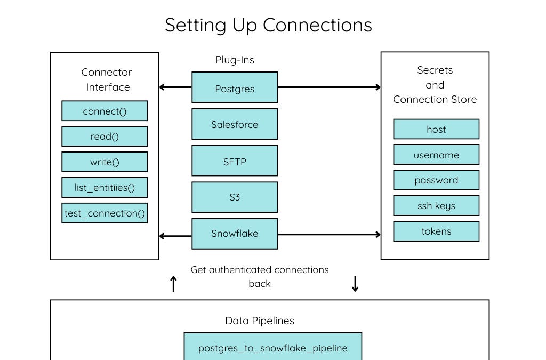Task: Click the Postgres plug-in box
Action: pyautogui.click(x=235, y=87)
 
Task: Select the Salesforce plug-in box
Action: pyautogui.click(x=235, y=124)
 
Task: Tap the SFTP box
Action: pyautogui.click(x=235, y=161)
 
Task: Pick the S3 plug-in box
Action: pyautogui.click(x=235, y=197)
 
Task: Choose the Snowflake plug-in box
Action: pyautogui.click(x=235, y=234)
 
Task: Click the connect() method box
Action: pyautogui.click(x=105, y=111)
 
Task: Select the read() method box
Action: pyautogui.click(x=105, y=137)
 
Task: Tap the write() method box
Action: pyautogui.click(x=105, y=162)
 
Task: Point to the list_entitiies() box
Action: pyautogui.click(x=105, y=188)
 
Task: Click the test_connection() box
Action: pyautogui.click(x=105, y=213)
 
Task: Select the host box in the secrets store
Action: pyautogui.click(x=436, y=129)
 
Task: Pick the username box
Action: pyautogui.click(x=436, y=155)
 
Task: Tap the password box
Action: pyautogui.click(x=436, y=180)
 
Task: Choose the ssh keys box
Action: pyautogui.click(x=436, y=206)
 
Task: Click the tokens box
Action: pyautogui.click(x=436, y=231)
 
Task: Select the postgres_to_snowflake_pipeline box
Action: pyautogui.click(x=273, y=348)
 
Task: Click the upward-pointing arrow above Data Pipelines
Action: pyautogui.click(x=173, y=284)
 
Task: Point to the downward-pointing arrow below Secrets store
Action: pyautogui.click(x=355, y=284)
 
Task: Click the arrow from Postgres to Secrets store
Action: pyautogui.click(x=329, y=87)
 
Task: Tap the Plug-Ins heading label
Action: pyautogui.click(x=235, y=60)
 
